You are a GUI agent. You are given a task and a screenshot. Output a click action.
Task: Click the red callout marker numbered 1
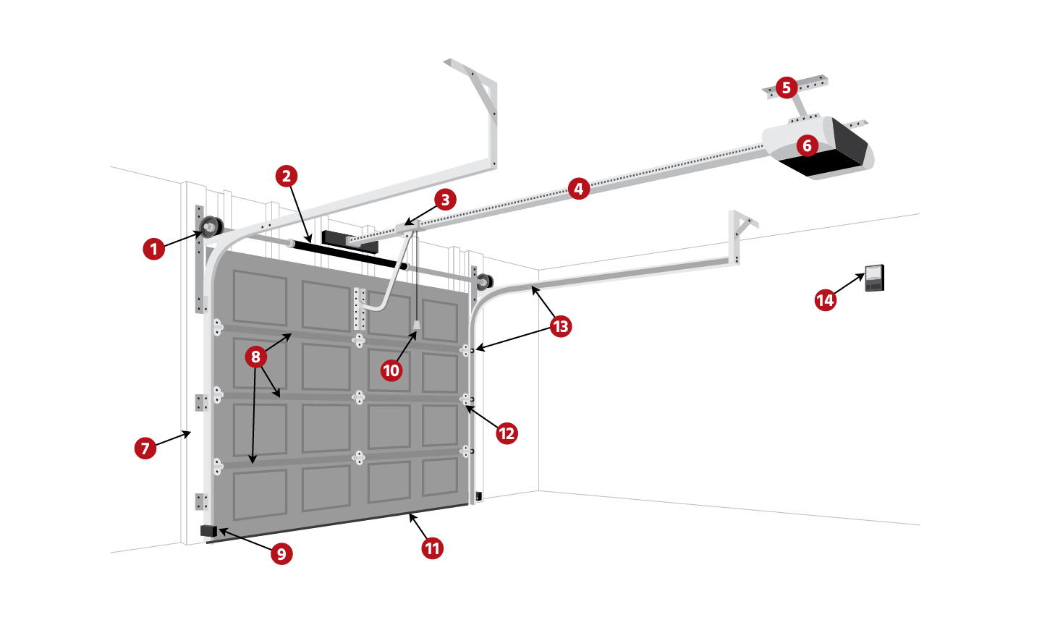click(153, 250)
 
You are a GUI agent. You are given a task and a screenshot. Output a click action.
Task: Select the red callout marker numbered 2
click(287, 176)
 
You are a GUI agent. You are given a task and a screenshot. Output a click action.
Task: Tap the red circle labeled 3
click(445, 200)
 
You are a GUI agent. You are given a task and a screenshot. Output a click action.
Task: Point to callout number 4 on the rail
click(577, 190)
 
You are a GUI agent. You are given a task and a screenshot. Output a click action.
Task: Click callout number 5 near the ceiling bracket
click(787, 88)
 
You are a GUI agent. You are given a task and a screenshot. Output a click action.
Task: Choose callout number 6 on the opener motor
click(808, 146)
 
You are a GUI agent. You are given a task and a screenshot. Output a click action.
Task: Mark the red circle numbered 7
click(145, 448)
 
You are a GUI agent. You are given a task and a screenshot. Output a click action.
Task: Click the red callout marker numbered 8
click(255, 357)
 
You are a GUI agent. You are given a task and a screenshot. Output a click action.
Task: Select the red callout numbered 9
click(281, 554)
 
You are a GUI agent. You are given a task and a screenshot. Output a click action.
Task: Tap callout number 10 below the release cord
click(391, 371)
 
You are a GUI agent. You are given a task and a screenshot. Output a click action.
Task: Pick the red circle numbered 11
click(433, 548)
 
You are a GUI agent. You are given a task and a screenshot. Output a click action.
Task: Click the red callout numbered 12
click(507, 433)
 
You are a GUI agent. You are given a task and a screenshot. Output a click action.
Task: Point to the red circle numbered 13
click(561, 326)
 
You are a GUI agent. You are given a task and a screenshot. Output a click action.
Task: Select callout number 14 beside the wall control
click(826, 299)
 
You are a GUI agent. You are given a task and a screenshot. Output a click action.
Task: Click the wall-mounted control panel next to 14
click(875, 278)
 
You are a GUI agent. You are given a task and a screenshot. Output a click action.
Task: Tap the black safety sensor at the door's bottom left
click(208, 532)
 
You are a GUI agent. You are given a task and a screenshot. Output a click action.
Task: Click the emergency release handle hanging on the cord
click(417, 326)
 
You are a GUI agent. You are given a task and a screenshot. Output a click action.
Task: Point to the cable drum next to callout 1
click(211, 227)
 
